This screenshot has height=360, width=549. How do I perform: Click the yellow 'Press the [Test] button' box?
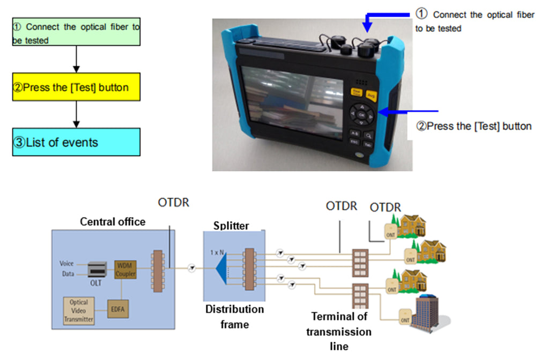pyautogui.click(x=76, y=87)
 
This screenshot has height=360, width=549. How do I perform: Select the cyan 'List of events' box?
pyautogui.click(x=76, y=142)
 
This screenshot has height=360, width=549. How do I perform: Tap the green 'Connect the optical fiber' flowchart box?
pyautogui.click(x=76, y=32)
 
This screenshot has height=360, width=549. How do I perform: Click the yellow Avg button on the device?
pyautogui.click(x=371, y=95)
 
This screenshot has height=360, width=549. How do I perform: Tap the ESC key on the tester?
pyautogui.click(x=354, y=142)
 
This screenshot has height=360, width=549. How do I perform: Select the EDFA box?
pyautogui.click(x=118, y=308)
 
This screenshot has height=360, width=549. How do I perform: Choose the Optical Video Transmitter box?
pyautogui.click(x=79, y=310)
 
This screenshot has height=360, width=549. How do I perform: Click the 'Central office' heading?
pyautogui.click(x=113, y=222)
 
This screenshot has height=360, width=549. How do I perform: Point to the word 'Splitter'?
pyautogui.click(x=231, y=225)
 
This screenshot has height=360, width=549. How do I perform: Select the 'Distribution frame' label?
pyautogui.click(x=235, y=317)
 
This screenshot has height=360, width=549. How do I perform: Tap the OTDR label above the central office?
pyautogui.click(x=174, y=203)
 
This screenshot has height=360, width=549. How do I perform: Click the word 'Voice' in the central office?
pyautogui.click(x=66, y=263)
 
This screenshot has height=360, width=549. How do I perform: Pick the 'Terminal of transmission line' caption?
pyautogui.click(x=339, y=332)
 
